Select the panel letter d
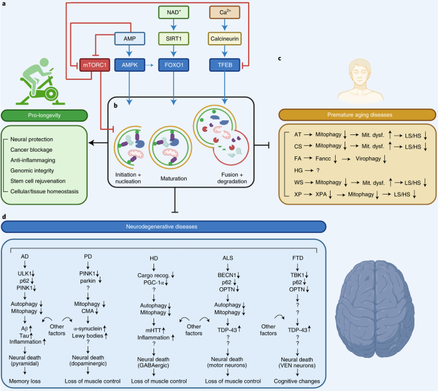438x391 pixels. [4, 218]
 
